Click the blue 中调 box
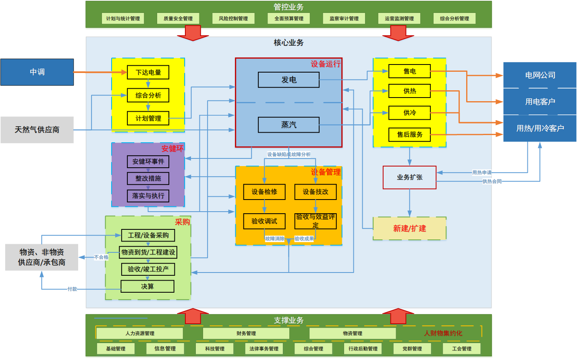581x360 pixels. point(37,72)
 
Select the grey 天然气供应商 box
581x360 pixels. point(37,130)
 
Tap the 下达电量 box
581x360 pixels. point(148,73)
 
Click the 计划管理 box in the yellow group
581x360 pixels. point(148,119)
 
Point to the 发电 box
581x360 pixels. point(288,80)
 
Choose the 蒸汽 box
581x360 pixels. point(288,125)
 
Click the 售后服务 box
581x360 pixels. point(409,135)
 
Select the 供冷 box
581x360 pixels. point(409,113)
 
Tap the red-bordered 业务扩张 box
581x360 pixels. point(409,177)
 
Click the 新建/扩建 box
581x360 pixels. point(409,229)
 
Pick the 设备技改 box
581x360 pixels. point(315,192)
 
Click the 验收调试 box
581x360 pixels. point(264,221)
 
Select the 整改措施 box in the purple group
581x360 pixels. point(148,179)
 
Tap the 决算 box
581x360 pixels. point(147,287)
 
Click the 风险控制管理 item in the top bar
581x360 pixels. point(233,19)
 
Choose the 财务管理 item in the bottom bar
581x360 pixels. point(246,333)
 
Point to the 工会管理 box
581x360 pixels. point(461,349)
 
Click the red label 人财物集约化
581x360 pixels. point(443,333)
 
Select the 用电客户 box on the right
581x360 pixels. point(540,102)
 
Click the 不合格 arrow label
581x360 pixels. point(101,257)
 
